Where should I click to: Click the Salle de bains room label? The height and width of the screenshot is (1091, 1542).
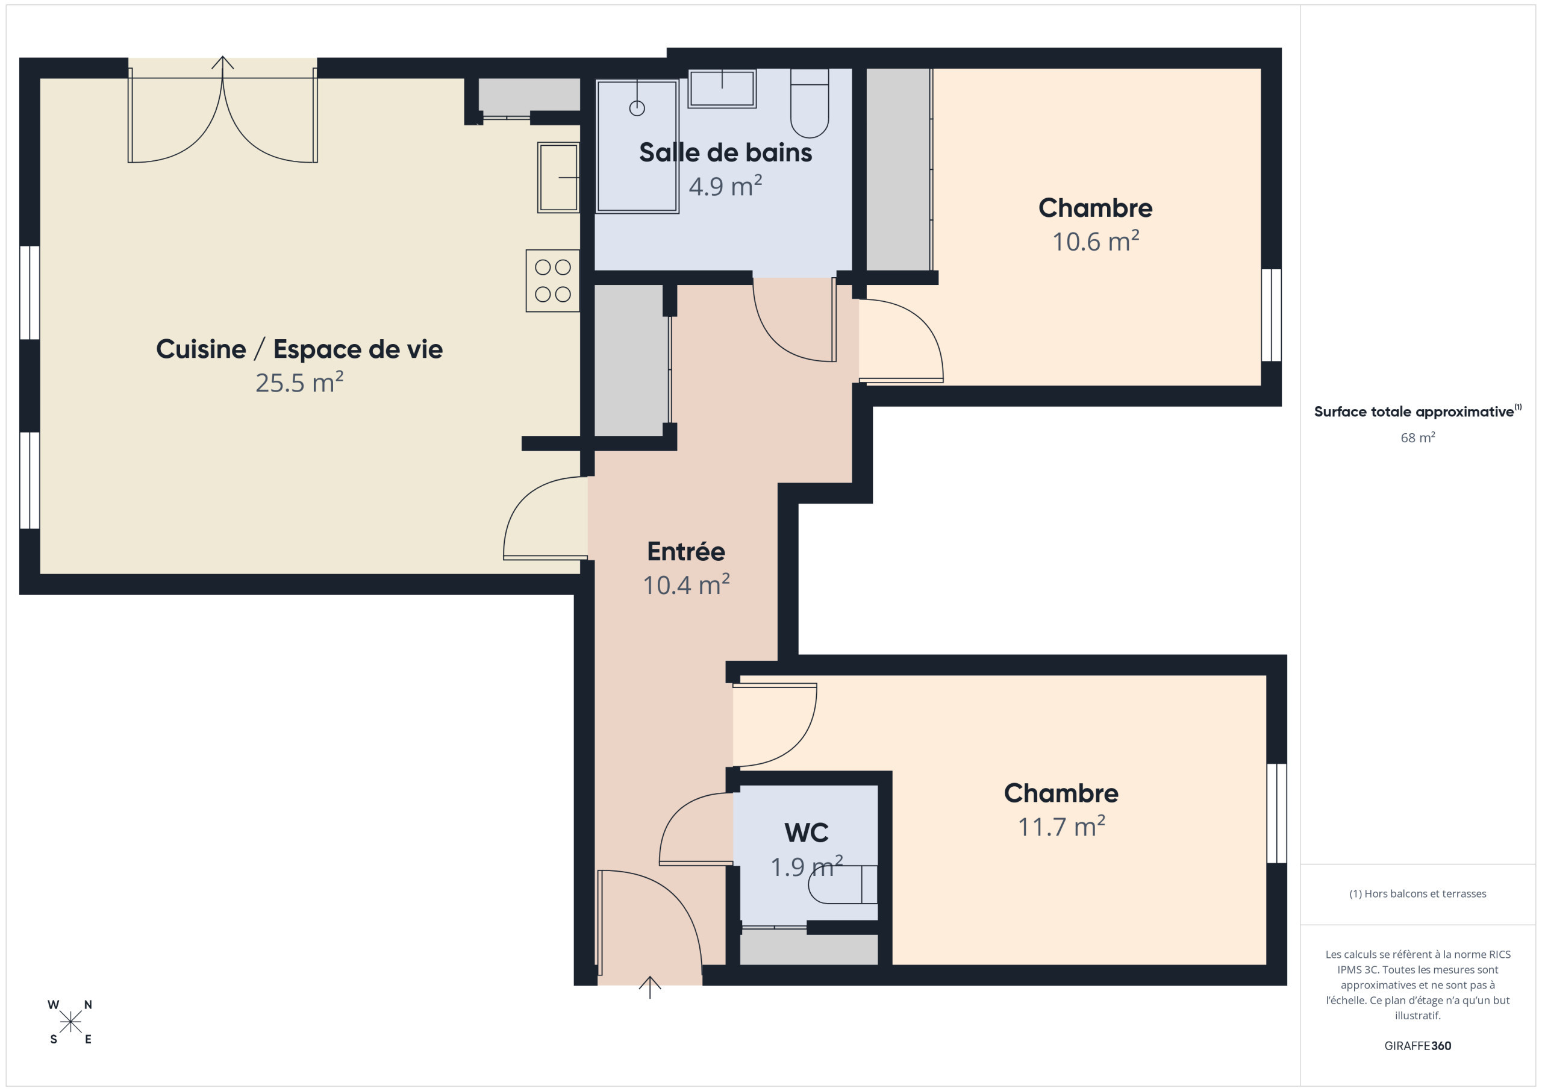click(725, 152)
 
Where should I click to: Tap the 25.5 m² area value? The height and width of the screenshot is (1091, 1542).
click(299, 383)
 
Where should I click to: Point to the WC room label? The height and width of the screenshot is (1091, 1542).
click(806, 833)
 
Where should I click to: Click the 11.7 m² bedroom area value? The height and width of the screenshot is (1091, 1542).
click(1061, 827)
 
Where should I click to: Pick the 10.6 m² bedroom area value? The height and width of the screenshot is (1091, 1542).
click(1096, 241)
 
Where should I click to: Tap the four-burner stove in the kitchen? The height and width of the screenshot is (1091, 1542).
click(553, 281)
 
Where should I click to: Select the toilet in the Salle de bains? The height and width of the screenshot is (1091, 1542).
click(810, 103)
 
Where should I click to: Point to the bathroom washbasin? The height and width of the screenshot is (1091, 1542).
click(722, 89)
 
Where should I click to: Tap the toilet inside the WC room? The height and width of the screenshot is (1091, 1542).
click(843, 885)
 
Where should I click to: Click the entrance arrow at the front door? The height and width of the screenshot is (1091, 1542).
click(649, 987)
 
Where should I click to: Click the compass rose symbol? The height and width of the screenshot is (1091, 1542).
click(70, 1022)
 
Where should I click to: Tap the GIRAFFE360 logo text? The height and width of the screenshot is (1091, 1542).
click(1417, 1045)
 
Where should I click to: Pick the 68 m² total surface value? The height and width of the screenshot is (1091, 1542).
click(1417, 437)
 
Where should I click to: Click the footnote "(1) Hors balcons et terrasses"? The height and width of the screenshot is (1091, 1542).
click(1417, 893)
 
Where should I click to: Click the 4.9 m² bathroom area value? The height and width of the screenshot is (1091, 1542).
click(725, 186)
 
